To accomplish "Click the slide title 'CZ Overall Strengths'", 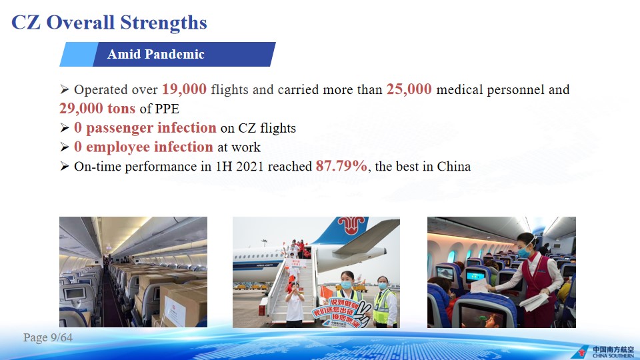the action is point(109,23).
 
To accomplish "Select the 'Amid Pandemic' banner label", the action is point(155,54).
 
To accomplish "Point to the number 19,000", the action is point(185,89).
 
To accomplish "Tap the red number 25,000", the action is point(409,89).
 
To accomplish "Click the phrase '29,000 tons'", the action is point(97,108).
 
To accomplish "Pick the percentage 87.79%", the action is point(341,166).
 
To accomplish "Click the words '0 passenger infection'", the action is point(145,128).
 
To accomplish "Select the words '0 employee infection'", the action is point(143,147).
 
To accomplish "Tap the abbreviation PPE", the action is point(167,109).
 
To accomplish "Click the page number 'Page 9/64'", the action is point(48,337).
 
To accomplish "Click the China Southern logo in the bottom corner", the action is point(603,352).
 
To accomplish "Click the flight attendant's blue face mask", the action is point(524,252).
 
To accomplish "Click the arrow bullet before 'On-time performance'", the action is point(64,166).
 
